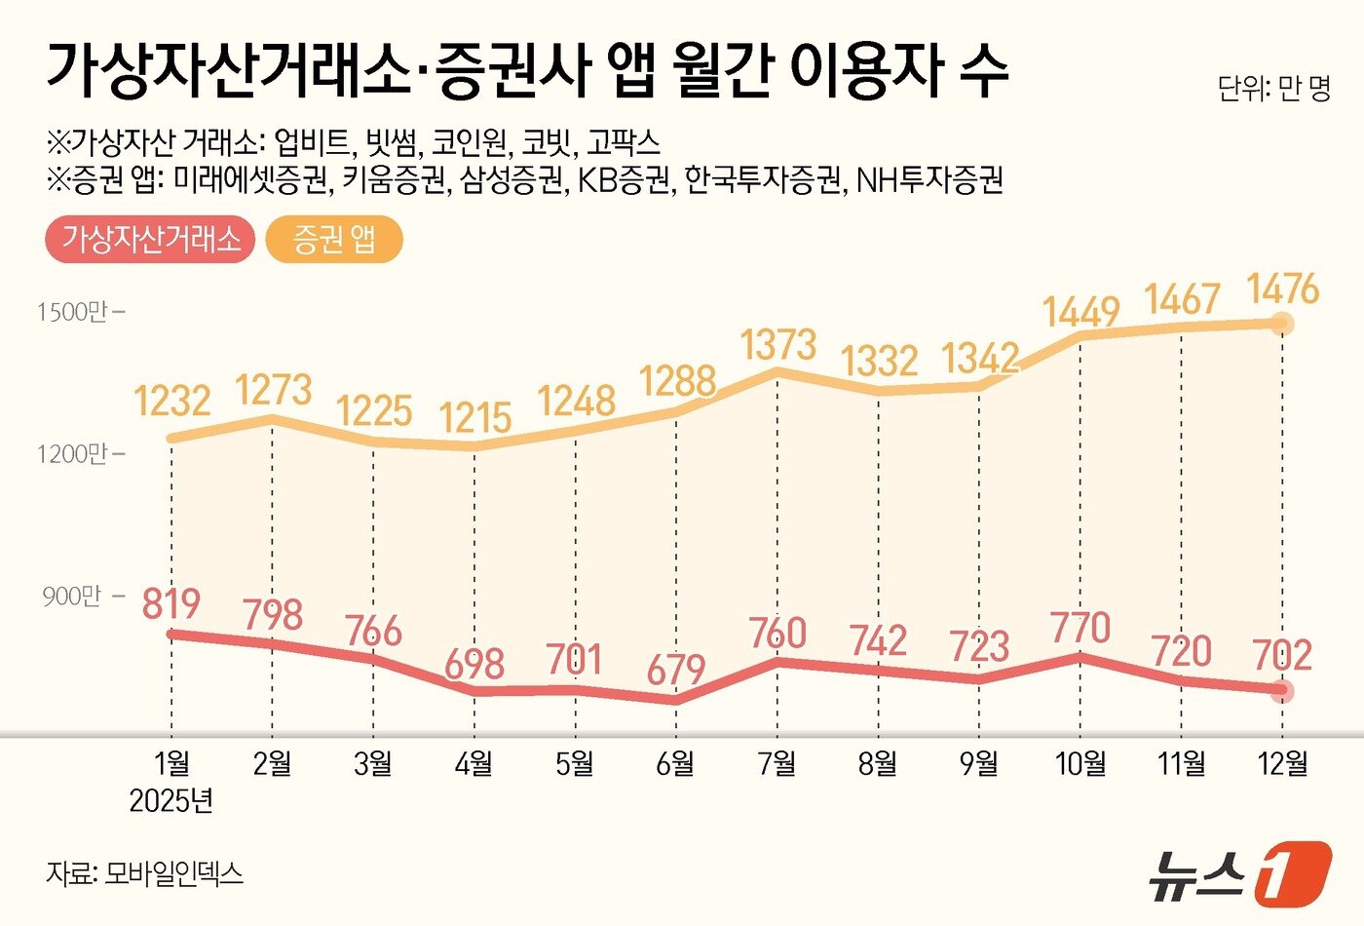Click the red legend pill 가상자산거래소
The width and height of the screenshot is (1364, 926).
point(151,240)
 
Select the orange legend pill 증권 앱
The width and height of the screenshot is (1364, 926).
point(334,240)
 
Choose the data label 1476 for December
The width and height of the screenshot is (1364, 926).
point(1282,289)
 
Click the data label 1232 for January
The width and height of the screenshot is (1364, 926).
point(172,401)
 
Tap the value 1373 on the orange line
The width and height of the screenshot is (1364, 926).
point(777,345)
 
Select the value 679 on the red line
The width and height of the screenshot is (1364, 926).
point(675,670)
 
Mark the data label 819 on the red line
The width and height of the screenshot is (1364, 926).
point(171,604)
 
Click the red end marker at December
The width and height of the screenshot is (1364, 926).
point(1283,690)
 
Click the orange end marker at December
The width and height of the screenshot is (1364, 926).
point(1283,324)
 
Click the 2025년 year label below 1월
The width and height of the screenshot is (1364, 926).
point(171,801)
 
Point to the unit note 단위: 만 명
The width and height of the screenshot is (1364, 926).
point(1273,90)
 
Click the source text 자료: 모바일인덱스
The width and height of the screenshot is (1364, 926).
point(144,872)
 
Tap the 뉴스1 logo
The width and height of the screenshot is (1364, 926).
point(1237,870)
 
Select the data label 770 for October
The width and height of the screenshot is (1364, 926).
point(1080,628)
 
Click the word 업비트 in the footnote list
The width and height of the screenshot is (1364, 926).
point(312,143)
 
